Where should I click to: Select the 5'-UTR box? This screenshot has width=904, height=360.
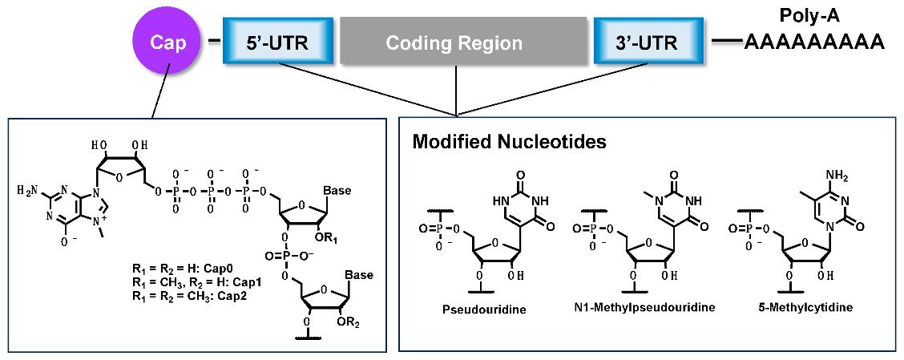pyautogui.click(x=267, y=42)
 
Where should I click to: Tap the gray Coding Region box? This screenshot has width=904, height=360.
pyautogui.click(x=454, y=42)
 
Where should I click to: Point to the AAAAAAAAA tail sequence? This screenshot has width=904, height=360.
pyautogui.click(x=813, y=42)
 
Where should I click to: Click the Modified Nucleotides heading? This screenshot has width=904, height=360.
pyautogui.click(x=508, y=142)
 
